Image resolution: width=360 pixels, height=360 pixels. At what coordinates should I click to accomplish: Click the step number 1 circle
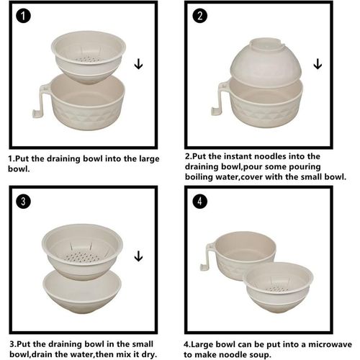[x=24, y=16]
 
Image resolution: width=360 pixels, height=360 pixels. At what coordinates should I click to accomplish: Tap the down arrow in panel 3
[x=138, y=256]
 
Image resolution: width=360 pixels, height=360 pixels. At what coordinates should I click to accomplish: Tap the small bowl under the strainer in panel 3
[x=81, y=292]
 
